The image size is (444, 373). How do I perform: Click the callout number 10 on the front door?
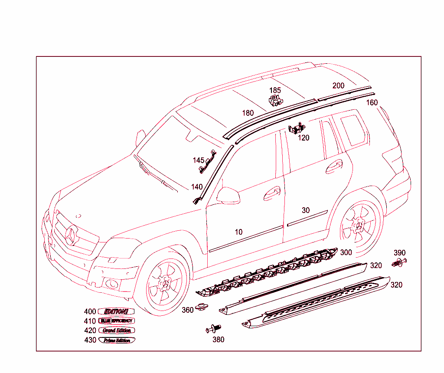click(238, 232)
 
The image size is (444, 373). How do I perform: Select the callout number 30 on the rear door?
click(306, 210)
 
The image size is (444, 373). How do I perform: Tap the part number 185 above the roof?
click(275, 91)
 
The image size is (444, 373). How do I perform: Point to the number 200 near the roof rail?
click(338, 85)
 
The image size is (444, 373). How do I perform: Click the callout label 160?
click(372, 103)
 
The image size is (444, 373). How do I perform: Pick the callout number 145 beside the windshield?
click(199, 160)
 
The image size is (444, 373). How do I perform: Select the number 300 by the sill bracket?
click(346, 252)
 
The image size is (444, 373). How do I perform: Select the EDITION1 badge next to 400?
click(116, 311)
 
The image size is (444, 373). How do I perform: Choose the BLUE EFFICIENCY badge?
click(117, 321)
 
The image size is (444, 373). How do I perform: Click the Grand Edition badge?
click(117, 330)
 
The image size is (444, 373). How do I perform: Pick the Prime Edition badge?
click(117, 340)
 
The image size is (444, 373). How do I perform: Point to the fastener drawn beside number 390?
click(399, 262)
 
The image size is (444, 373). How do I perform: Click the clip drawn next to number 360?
click(200, 307)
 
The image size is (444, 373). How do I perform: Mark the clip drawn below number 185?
click(275, 101)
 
